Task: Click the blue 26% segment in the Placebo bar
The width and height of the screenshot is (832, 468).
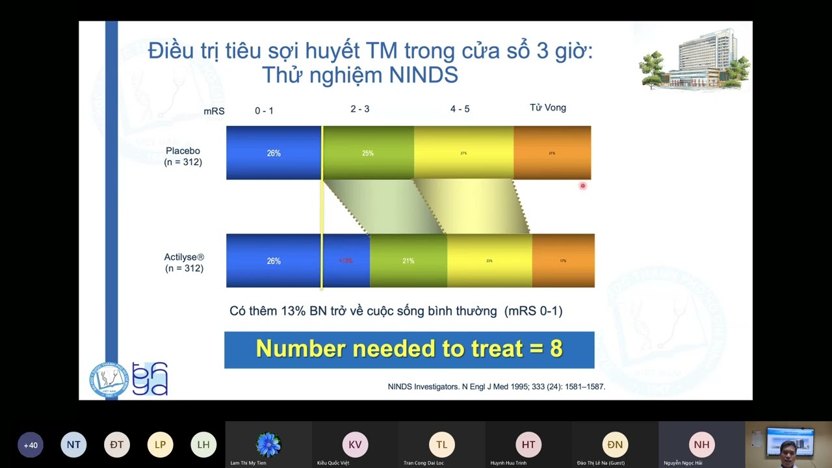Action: [274, 153]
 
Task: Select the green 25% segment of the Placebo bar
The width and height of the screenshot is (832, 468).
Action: [368, 153]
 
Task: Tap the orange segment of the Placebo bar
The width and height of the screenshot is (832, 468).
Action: [552, 153]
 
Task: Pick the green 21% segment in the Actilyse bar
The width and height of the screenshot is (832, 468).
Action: [408, 261]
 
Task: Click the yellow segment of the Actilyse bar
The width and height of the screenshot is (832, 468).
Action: [489, 261]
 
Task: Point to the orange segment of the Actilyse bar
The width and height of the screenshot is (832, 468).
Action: [563, 261]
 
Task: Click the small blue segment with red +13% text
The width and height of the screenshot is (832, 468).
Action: [346, 261]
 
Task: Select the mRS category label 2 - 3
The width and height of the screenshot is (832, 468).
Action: [359, 109]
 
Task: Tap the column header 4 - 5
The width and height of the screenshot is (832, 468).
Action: [460, 109]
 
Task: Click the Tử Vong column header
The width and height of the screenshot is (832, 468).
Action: [548, 107]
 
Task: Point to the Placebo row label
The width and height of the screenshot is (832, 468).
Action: [183, 156]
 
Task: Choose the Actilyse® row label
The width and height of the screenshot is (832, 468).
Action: [184, 263]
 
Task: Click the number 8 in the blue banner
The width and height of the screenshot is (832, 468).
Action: [556, 349]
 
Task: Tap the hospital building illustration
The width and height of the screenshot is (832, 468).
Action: [695, 59]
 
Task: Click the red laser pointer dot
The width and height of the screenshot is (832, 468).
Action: [582, 186]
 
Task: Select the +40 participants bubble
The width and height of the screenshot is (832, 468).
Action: [31, 445]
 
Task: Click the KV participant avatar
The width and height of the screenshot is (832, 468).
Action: [355, 445]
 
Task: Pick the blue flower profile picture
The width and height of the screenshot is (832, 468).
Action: [268, 445]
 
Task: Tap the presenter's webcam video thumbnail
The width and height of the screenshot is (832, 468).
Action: [788, 445]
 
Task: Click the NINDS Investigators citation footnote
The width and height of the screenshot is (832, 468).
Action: [496, 387]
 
